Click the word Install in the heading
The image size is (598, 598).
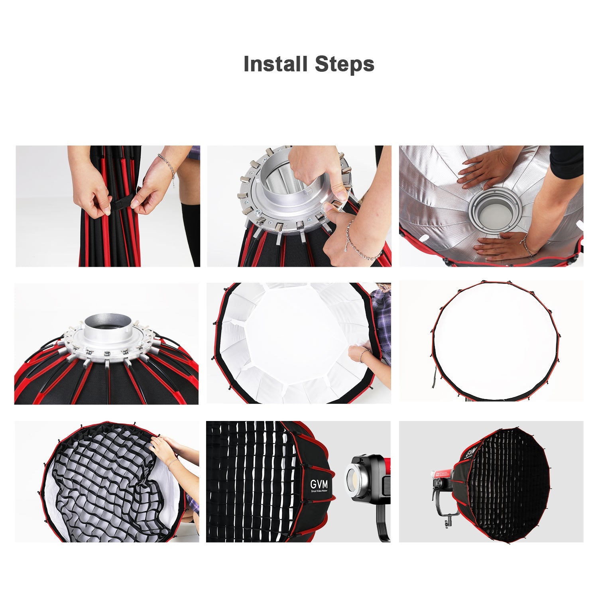pyautogui.click(x=275, y=64)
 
